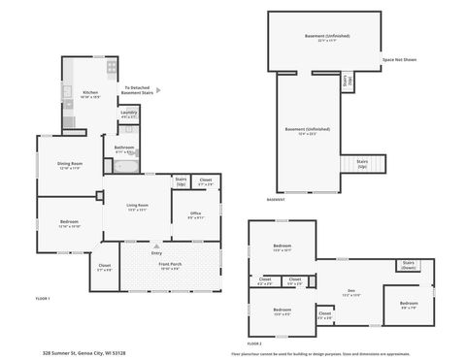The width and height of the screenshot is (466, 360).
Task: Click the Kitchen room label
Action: tap(89, 93)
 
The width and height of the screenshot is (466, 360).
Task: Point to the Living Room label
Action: tap(137, 206)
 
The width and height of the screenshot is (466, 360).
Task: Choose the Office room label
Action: tap(195, 215)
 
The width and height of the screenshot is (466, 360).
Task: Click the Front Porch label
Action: tap(171, 265)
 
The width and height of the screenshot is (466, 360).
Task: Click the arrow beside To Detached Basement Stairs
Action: tap(159, 90)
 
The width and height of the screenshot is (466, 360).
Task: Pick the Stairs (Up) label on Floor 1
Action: tap(181, 180)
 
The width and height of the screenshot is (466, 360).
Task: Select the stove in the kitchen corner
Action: tap(112, 68)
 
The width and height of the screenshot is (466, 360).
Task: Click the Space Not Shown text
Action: tap(399, 60)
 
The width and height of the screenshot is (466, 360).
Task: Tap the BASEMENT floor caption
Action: tap(276, 199)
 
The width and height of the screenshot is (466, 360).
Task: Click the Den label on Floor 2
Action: tap(351, 290)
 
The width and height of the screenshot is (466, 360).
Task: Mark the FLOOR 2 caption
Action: tap(254, 344)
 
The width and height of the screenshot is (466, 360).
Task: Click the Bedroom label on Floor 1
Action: tap(69, 223)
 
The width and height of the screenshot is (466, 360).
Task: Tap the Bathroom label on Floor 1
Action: tap(124, 149)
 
